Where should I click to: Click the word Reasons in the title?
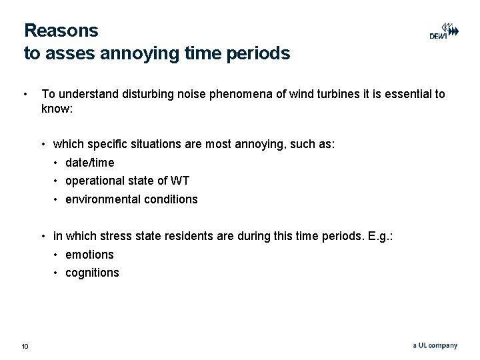pyautogui.click(x=61, y=31)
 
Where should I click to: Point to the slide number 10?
pyautogui.click(x=25, y=346)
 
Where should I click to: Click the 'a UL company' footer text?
pyautogui.click(x=435, y=345)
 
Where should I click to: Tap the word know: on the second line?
pyautogui.click(x=55, y=108)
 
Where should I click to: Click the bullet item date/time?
pyautogui.click(x=89, y=163)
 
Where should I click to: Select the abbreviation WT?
pyautogui.click(x=181, y=181)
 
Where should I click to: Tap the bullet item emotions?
pyautogui.click(x=89, y=255)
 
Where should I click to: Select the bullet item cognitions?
pyautogui.click(x=92, y=273)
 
